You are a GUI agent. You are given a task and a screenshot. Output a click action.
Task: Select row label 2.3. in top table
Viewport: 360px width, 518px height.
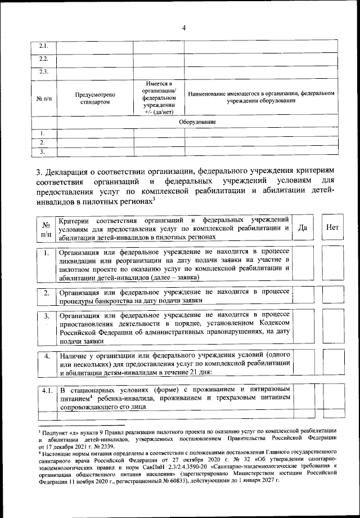pyautogui.click(x=43, y=72)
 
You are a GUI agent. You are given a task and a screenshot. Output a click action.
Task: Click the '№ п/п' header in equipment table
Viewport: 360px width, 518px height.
pyautogui.click(x=43, y=98)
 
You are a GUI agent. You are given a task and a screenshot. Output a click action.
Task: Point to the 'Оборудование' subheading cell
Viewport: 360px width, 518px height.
pyautogui.click(x=197, y=122)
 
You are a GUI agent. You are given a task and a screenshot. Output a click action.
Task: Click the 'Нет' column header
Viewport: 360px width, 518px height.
pyautogui.click(x=332, y=228)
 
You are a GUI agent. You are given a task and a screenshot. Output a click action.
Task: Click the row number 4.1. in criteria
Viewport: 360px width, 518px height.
pyautogui.click(x=47, y=390)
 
